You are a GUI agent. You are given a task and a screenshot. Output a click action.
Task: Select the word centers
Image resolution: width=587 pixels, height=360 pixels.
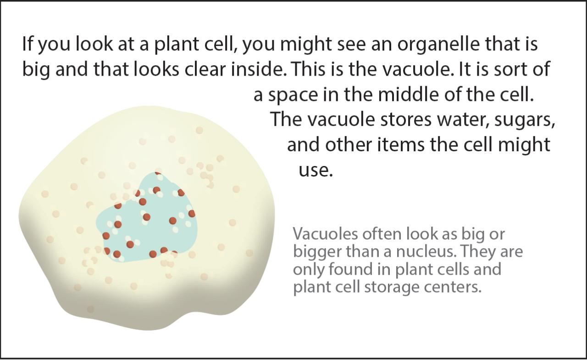coord(453,287)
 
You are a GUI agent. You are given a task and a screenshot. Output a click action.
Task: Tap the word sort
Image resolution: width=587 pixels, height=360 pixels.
coord(509,70)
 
